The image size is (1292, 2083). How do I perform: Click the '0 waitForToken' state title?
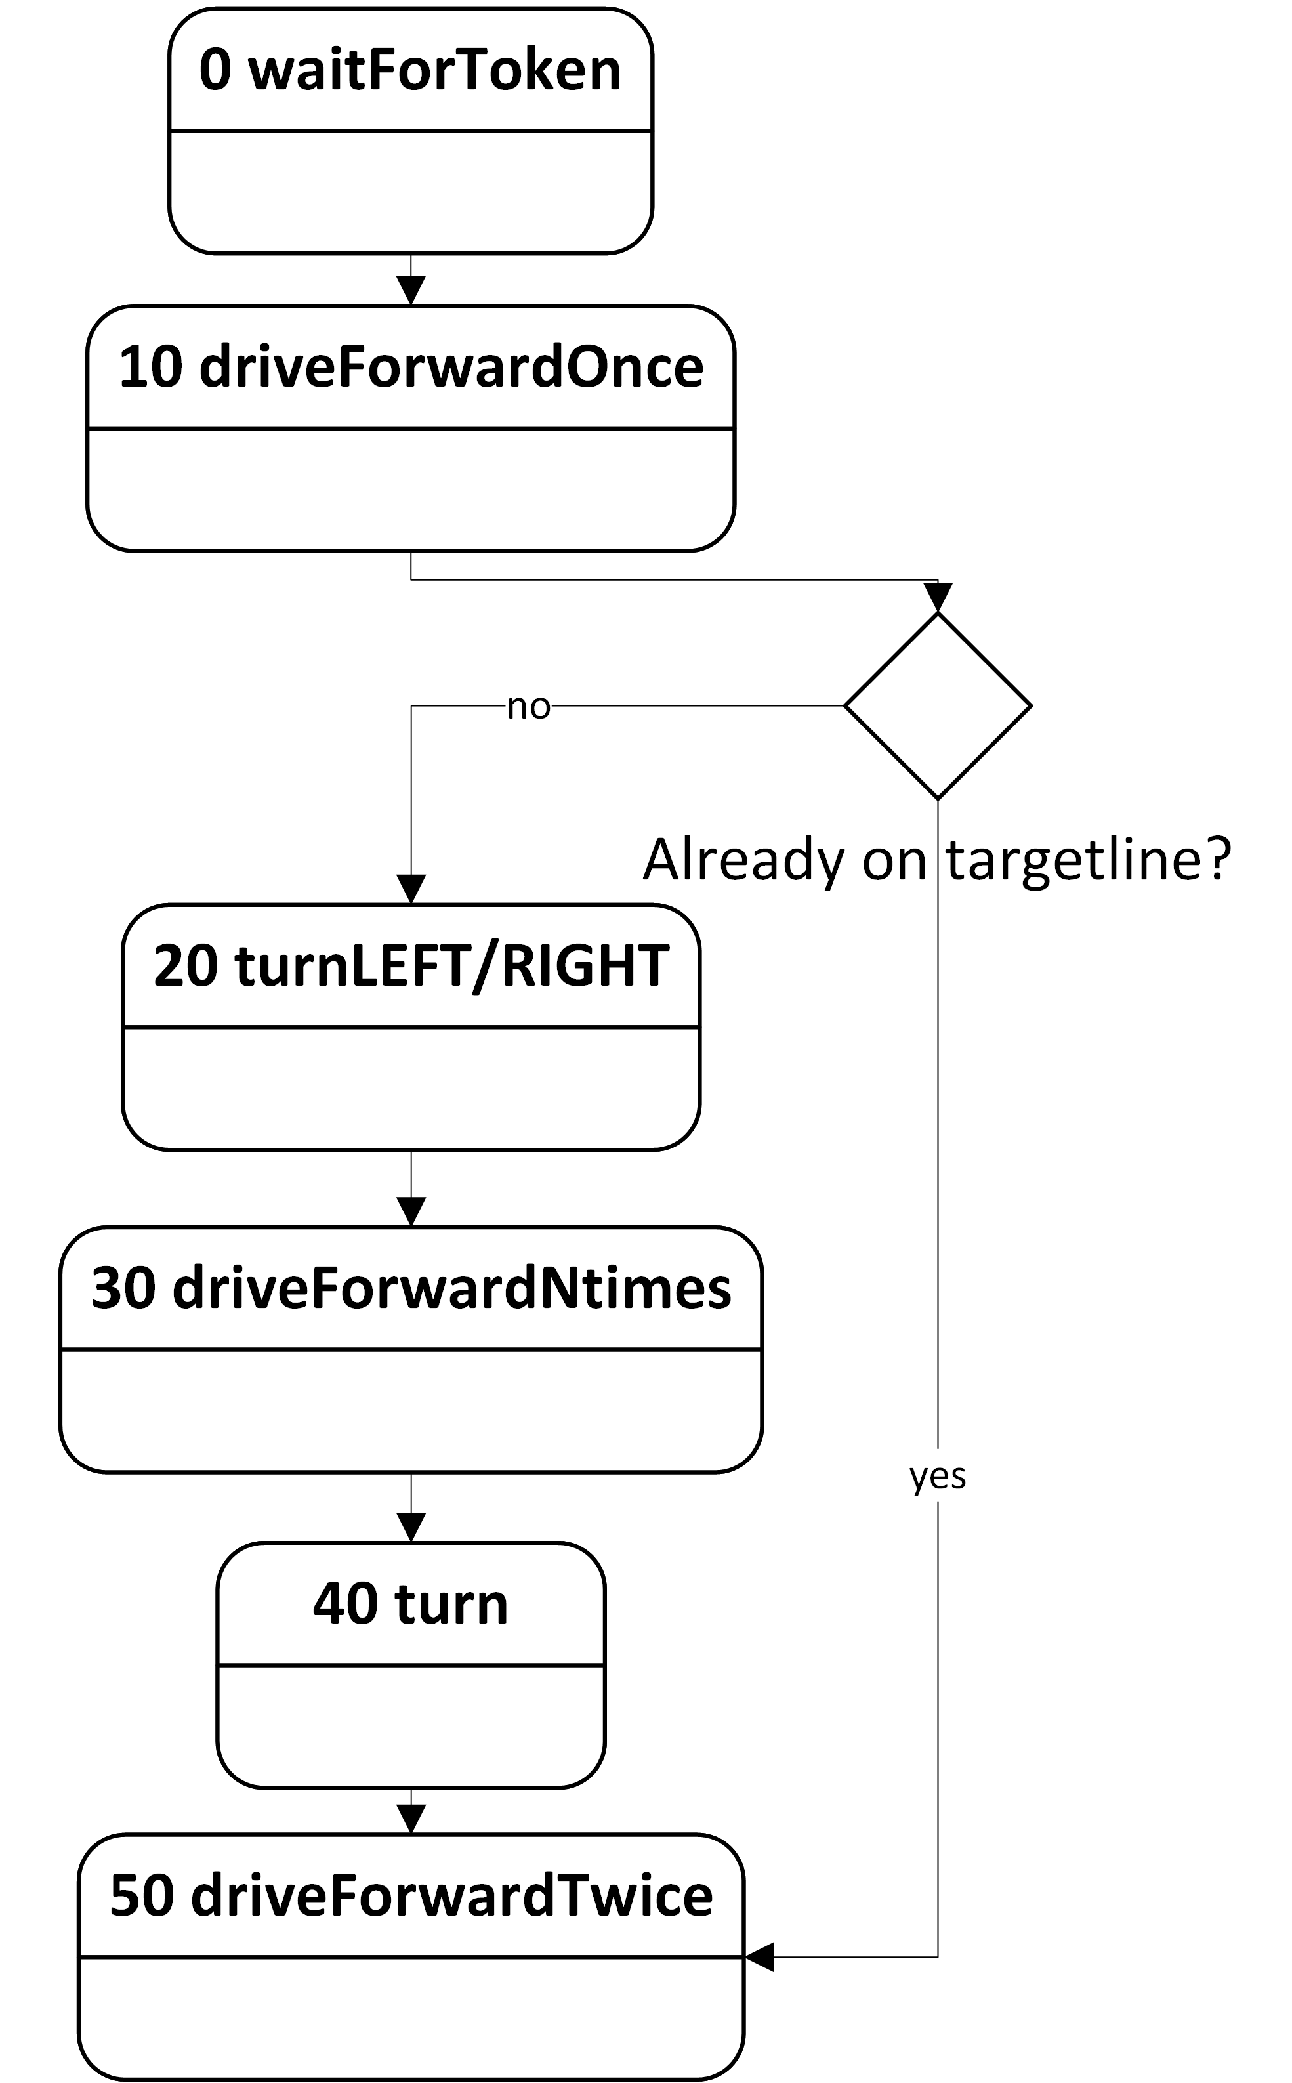410,70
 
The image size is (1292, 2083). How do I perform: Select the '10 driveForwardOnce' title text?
410,368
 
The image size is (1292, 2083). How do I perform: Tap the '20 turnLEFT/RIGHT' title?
410,966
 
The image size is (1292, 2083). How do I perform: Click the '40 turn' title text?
410,1604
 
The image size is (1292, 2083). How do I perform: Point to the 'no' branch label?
528,707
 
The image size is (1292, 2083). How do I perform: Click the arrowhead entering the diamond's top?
938,597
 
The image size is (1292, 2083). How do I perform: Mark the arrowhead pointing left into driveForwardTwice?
760,1956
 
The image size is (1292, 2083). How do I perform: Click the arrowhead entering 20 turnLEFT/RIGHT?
411,889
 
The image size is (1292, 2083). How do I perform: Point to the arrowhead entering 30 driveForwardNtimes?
411,1211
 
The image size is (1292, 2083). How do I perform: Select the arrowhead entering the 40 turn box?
411,1526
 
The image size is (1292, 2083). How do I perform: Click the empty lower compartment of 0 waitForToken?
410,192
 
